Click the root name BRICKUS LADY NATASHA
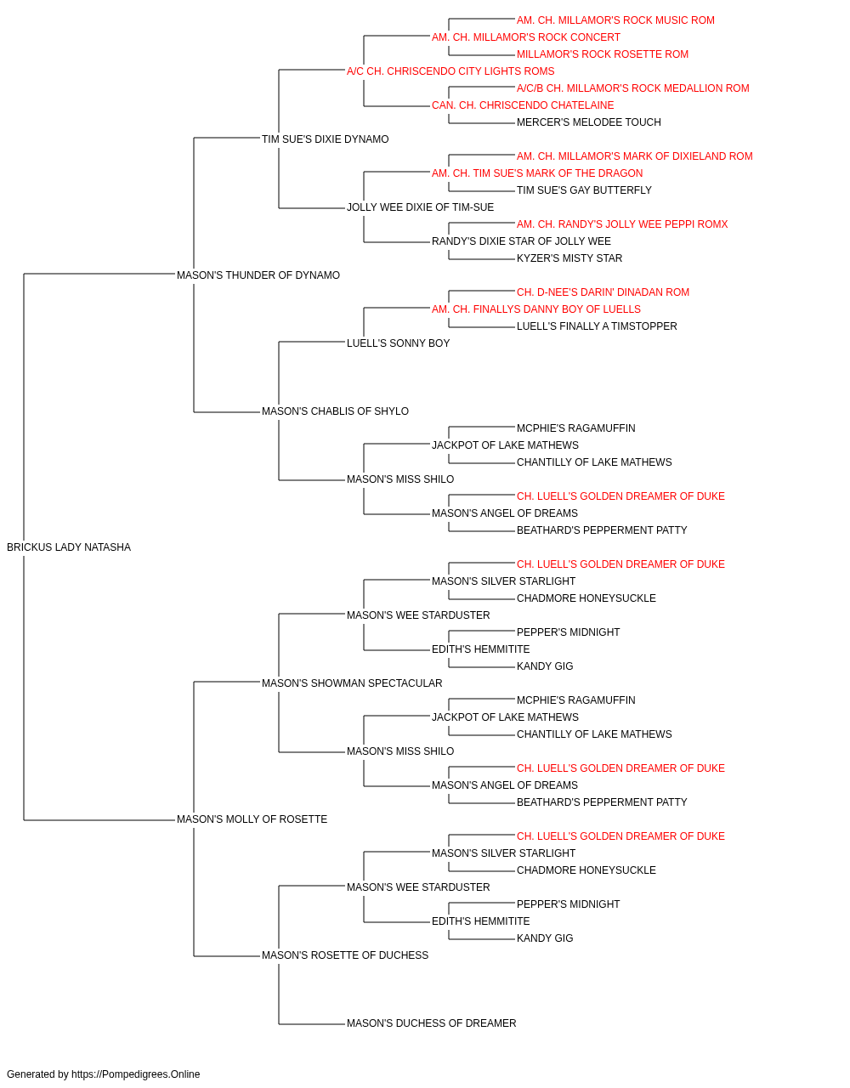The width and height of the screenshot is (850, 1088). [x=69, y=547]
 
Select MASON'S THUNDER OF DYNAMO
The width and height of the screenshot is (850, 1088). [x=258, y=275]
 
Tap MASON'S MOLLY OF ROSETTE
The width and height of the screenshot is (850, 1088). [x=252, y=819]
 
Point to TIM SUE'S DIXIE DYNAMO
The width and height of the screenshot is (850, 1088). [x=325, y=139]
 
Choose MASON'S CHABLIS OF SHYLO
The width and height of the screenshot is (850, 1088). [x=335, y=411]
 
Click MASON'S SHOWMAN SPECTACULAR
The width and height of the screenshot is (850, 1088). [x=352, y=683]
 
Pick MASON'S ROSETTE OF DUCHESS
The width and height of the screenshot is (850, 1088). [x=345, y=955]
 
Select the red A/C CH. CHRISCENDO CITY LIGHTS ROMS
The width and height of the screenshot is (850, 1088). [x=450, y=71]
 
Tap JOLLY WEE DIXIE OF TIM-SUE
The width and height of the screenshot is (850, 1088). [x=420, y=207]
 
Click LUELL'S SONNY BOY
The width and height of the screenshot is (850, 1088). [x=398, y=343]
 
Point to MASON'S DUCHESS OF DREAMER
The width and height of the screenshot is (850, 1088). [x=431, y=1023]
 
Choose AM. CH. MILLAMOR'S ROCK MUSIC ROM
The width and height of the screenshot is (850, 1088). [x=615, y=20]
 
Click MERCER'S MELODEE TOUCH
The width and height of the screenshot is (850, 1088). [x=589, y=122]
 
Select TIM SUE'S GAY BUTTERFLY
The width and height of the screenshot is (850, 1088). [x=584, y=190]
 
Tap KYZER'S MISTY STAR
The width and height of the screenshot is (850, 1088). [x=569, y=258]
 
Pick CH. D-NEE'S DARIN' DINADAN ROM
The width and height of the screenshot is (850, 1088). [x=603, y=292]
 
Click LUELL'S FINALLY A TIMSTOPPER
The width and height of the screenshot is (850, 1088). [x=597, y=326]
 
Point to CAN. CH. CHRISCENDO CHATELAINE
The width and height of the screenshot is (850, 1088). [x=523, y=105]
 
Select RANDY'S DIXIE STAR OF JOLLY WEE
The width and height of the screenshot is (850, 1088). [x=521, y=241]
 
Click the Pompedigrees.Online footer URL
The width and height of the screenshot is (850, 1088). [x=135, y=1074]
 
